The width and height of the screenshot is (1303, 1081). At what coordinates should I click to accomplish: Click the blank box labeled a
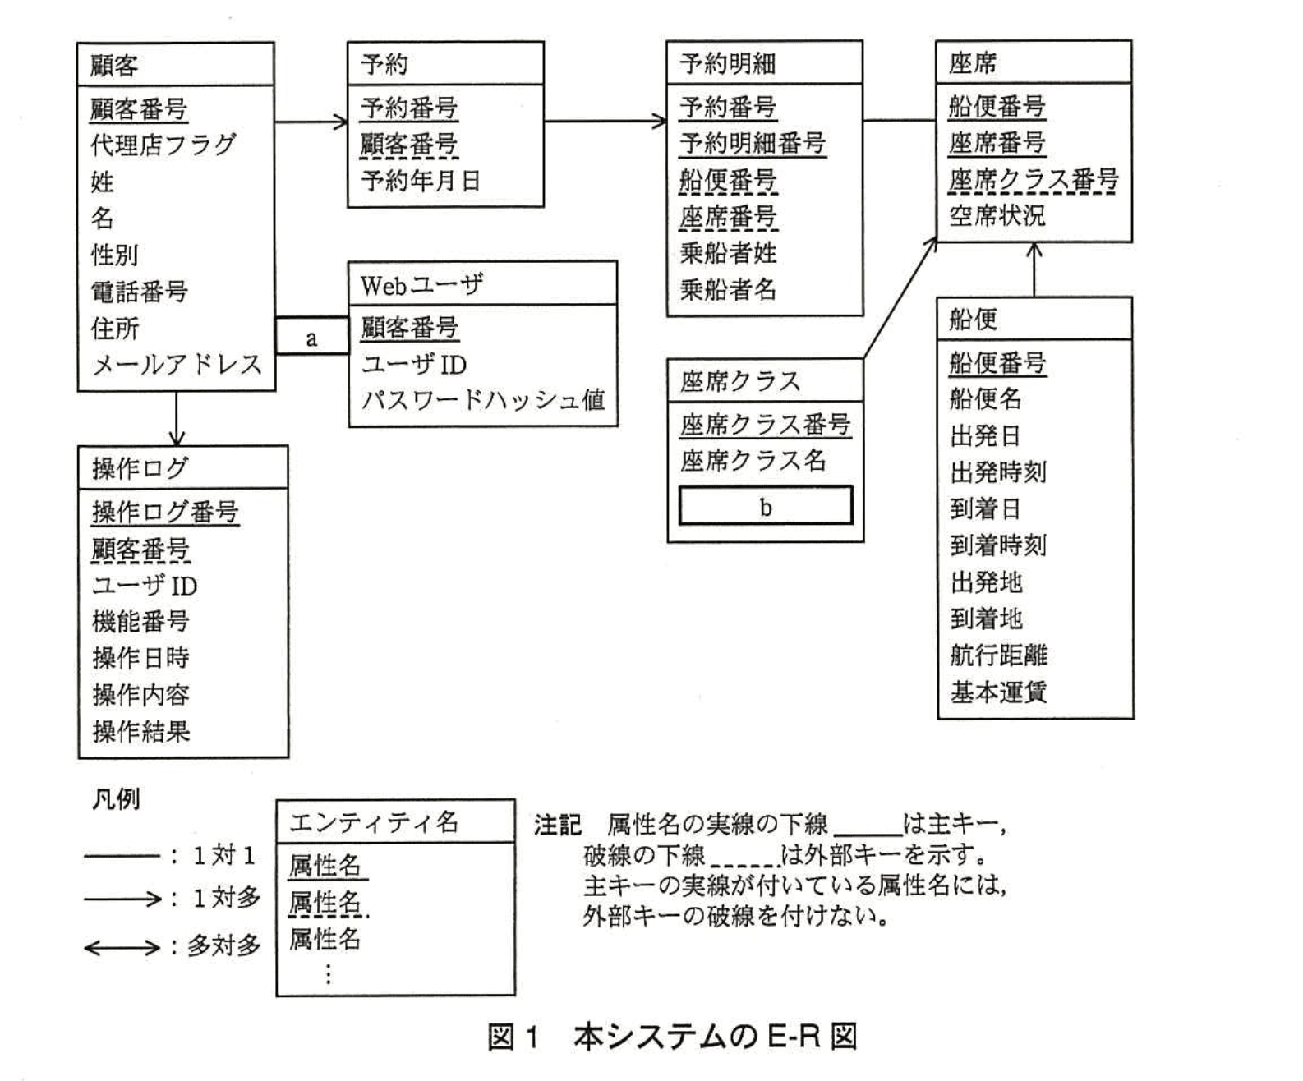(x=311, y=337)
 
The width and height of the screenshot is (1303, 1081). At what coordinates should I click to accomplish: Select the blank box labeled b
(x=766, y=506)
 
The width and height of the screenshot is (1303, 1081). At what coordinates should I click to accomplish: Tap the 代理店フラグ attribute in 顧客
(x=163, y=145)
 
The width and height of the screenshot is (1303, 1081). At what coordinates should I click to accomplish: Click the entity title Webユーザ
(x=421, y=285)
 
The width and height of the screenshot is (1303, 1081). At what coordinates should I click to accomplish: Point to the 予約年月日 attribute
(x=420, y=181)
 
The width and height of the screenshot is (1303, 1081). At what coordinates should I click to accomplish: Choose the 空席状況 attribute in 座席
(x=997, y=216)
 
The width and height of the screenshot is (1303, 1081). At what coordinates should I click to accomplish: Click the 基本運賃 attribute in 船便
(x=998, y=692)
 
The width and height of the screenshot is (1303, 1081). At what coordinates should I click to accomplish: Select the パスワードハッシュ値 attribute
(x=482, y=400)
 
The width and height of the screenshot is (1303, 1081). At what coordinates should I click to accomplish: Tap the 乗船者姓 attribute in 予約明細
(x=728, y=253)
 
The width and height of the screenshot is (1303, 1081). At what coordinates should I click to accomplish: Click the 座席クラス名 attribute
(x=753, y=461)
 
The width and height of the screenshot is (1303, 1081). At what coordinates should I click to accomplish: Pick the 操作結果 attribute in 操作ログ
(x=140, y=731)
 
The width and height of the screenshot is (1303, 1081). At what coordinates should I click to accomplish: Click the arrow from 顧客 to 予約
(x=311, y=122)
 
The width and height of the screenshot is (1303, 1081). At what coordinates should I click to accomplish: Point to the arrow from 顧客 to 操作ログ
(x=176, y=418)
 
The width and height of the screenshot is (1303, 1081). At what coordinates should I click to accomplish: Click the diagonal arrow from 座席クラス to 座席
(x=900, y=298)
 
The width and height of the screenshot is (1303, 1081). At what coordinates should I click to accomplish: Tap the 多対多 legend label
(x=223, y=946)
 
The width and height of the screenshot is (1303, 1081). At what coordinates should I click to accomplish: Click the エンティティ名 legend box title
(x=374, y=822)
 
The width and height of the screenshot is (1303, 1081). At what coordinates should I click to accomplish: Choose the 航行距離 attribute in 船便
(x=998, y=655)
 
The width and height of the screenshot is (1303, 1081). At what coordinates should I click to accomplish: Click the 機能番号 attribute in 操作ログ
(x=140, y=622)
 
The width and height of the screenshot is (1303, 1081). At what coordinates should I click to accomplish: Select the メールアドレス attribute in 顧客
(x=176, y=365)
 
